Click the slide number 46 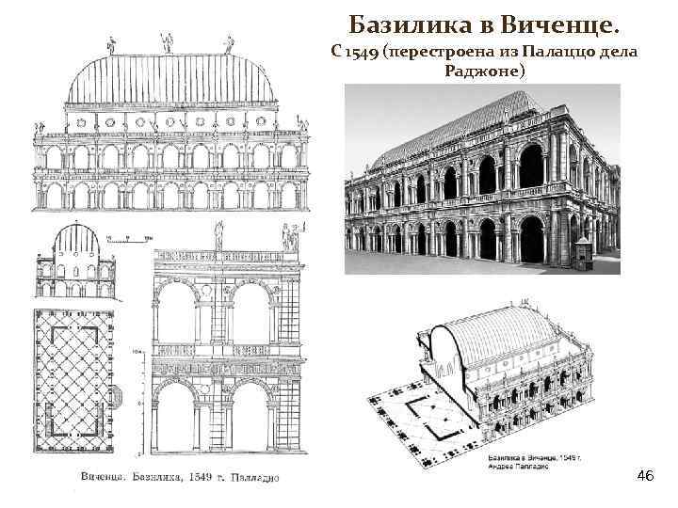(x=645, y=476)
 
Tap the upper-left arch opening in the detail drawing (x=176, y=314)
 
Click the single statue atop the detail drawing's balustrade (x=219, y=233)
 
